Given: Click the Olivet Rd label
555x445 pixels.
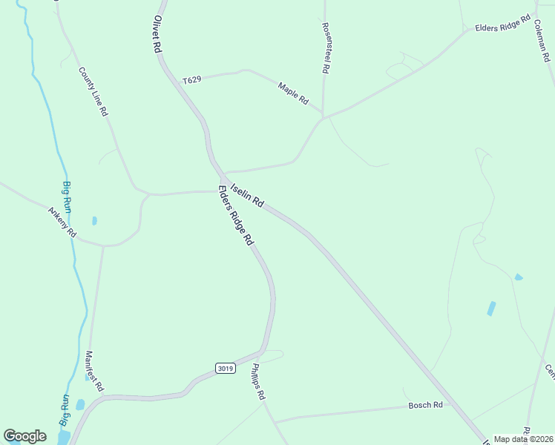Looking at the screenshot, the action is (157, 34).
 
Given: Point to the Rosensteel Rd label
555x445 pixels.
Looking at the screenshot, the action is (325, 46).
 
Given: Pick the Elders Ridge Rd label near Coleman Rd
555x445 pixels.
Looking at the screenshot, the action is (503, 24).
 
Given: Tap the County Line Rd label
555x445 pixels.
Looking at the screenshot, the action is (93, 92).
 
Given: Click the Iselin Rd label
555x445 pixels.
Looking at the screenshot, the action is (247, 195).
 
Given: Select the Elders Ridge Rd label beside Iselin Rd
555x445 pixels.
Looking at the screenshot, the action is (236, 216).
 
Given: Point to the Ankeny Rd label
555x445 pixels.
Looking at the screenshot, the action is (62, 222).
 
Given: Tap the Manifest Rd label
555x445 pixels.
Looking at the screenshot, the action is (94, 371).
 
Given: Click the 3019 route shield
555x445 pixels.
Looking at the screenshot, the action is (226, 368).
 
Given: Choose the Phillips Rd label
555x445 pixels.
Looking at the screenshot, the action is (257, 381).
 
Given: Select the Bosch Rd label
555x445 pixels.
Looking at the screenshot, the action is (425, 405).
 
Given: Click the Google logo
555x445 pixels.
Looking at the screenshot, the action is (24, 436).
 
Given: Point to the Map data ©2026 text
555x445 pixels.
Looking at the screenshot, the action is (522, 439).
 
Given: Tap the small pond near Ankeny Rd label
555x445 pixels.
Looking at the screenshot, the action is (94, 220).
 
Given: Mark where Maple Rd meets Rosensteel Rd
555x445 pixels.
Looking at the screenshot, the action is (323, 116).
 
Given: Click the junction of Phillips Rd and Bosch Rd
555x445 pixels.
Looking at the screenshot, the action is (276, 421).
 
